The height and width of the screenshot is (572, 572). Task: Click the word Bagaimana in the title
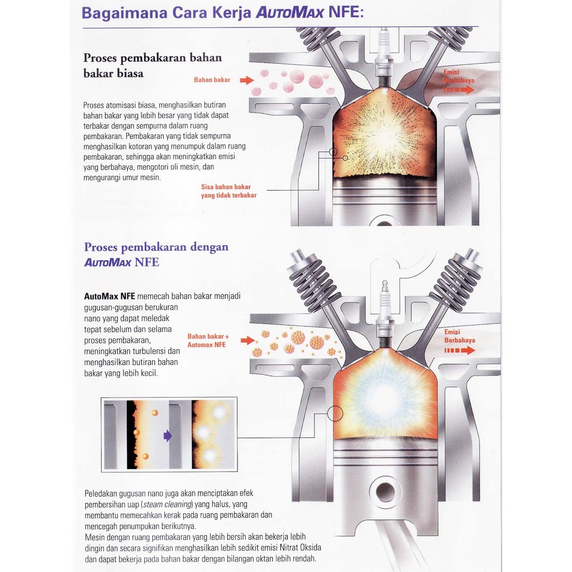pos(125,13)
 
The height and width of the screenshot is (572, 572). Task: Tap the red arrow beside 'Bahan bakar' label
pos(246,80)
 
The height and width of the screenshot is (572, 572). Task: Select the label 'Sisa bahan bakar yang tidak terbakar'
pos(228,191)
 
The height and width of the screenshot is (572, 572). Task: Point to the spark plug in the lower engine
pos(384,314)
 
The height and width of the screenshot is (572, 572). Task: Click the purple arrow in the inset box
pos(168,435)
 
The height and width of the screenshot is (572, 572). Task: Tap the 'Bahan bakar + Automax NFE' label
pos(208,340)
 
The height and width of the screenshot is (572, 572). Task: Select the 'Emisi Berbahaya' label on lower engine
pos(460,336)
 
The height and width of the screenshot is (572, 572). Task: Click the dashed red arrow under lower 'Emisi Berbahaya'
pos(460,351)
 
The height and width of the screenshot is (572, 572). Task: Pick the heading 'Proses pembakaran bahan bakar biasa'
pos(152,65)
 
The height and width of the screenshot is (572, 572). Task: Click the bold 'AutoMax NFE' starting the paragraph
pos(109,296)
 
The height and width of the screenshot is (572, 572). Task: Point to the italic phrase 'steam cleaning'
pos(168,504)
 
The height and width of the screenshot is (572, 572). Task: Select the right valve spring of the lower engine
pos(456,280)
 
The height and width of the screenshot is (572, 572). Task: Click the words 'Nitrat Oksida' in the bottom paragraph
pos(300,547)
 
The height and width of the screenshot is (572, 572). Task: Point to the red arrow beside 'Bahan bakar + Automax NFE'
pos(247,340)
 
